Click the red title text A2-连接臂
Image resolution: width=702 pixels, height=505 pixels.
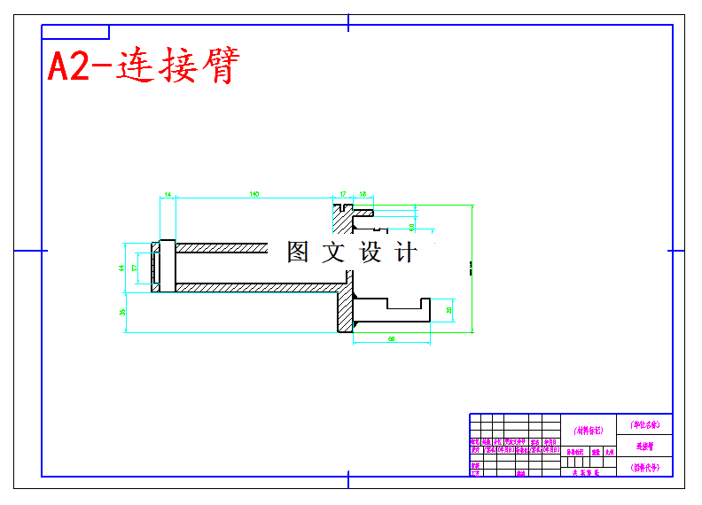tap(143, 67)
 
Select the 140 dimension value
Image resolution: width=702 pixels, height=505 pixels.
tap(253, 193)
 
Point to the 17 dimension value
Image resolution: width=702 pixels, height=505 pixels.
tap(343, 193)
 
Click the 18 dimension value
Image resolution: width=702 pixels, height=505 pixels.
tap(363, 193)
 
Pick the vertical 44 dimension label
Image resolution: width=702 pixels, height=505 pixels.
tap(122, 267)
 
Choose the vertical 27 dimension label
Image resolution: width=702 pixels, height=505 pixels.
tap(135, 267)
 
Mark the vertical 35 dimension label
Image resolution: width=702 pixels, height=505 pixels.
tap(122, 311)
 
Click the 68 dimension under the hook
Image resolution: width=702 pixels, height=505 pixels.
tap(391, 339)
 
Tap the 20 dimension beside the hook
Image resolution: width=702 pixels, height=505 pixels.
tap(449, 310)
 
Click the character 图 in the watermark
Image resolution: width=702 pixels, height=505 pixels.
tap(298, 252)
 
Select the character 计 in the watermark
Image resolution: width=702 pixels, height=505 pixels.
tap(405, 252)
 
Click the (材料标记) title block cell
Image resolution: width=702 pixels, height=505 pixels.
tap(588, 431)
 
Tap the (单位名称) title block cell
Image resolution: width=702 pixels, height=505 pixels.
tap(644, 424)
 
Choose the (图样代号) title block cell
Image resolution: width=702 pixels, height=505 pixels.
tap(644, 467)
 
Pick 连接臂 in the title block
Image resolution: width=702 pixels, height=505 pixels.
tap(644, 447)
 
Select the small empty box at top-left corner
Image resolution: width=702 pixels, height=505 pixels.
tap(75, 33)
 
